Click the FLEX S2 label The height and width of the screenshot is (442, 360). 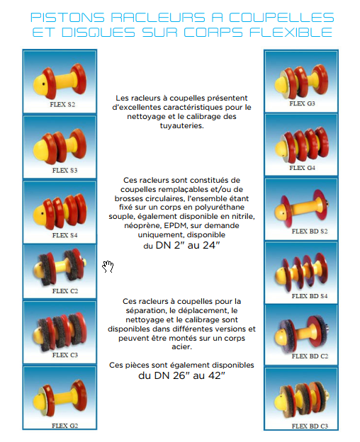(62, 105)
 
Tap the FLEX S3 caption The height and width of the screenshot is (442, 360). (64, 171)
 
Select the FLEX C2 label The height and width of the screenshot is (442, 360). (64, 291)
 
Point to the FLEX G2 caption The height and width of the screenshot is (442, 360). (64, 426)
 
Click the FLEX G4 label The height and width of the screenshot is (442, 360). (302, 168)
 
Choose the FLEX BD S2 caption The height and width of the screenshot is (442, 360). (310, 232)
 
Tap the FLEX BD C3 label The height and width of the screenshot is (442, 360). (310, 426)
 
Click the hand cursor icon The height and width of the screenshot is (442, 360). (108, 266)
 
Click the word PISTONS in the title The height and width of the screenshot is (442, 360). (67, 18)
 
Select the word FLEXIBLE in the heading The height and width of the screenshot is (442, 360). (291, 33)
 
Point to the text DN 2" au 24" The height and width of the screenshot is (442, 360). (188, 245)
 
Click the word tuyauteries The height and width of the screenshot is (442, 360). (182, 125)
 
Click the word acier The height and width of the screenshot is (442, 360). (182, 347)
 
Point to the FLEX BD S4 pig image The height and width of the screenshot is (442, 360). (301, 272)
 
